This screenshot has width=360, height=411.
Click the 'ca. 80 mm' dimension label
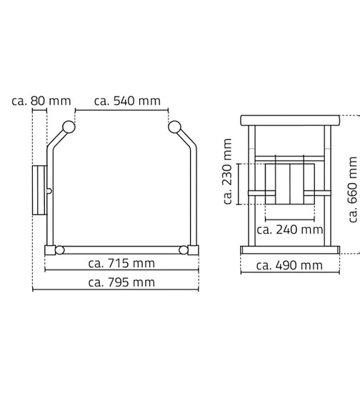[x=41, y=101]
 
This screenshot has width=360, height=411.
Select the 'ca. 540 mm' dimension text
[x=126, y=101]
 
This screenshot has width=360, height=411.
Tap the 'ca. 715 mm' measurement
[x=121, y=263]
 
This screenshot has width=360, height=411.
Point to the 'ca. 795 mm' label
[x=121, y=282]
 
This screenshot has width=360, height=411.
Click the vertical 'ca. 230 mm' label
[x=228, y=172]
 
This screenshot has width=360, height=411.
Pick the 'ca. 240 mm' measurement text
[x=289, y=229]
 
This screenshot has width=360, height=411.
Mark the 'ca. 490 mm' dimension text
[x=289, y=265]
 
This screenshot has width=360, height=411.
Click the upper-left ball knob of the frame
[x=68, y=128]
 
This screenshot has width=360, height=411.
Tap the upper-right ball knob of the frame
[x=174, y=128]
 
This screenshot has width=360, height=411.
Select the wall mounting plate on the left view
[x=39, y=189]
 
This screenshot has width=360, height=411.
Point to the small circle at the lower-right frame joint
[x=184, y=249]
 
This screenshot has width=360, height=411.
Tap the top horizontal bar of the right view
[x=289, y=119]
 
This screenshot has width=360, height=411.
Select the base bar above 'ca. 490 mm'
[x=289, y=249]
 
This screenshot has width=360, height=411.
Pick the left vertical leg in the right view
[x=251, y=186]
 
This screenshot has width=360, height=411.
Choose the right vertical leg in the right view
[x=327, y=186]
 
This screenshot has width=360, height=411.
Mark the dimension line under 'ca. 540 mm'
[x=121, y=111]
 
